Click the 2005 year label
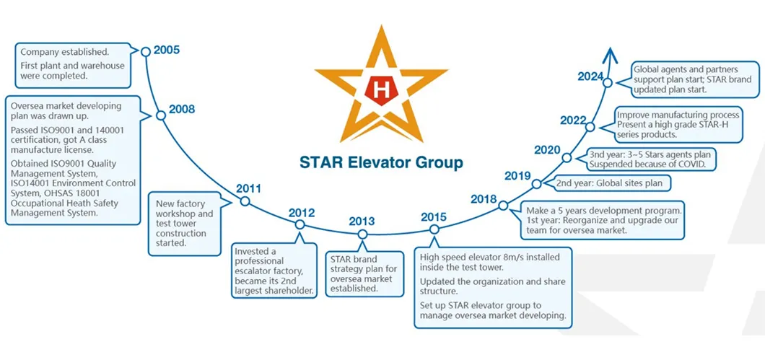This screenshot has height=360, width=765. pyautogui.click(x=167, y=50)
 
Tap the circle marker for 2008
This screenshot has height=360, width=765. pyautogui.click(x=160, y=115)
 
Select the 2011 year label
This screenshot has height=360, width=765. pyautogui.click(x=248, y=188)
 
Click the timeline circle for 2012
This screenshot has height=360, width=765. pyautogui.click(x=300, y=224)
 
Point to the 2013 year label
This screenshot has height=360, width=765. pyautogui.click(x=362, y=221)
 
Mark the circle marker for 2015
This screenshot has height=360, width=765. pyautogui.click(x=434, y=229)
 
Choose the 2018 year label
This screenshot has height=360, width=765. pyautogui.click(x=484, y=199)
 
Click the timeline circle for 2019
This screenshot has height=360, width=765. pyautogui.click(x=537, y=184)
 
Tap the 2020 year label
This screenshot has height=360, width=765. pyautogui.click(x=547, y=150)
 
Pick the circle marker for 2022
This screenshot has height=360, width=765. pyautogui.click(x=590, y=127)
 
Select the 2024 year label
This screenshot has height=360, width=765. pyautogui.click(x=591, y=76)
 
